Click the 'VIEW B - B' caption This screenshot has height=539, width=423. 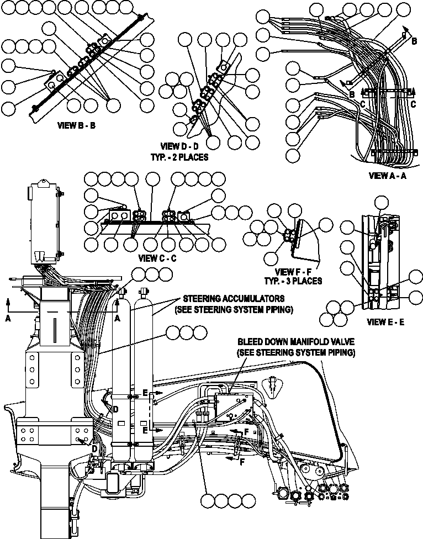(77, 125)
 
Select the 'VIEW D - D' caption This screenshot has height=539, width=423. (179, 147)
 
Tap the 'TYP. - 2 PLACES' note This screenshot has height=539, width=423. (179, 157)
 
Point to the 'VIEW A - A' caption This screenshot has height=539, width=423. (387, 176)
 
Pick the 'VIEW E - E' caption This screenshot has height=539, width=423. (385, 321)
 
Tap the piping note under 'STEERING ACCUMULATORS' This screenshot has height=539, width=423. (232, 310)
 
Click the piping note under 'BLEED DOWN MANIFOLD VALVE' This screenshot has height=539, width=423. (295, 352)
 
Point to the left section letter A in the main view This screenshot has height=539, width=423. (8, 318)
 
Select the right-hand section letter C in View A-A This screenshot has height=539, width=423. (414, 103)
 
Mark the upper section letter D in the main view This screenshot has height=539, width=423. (115, 409)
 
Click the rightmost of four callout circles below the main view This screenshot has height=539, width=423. (249, 500)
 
